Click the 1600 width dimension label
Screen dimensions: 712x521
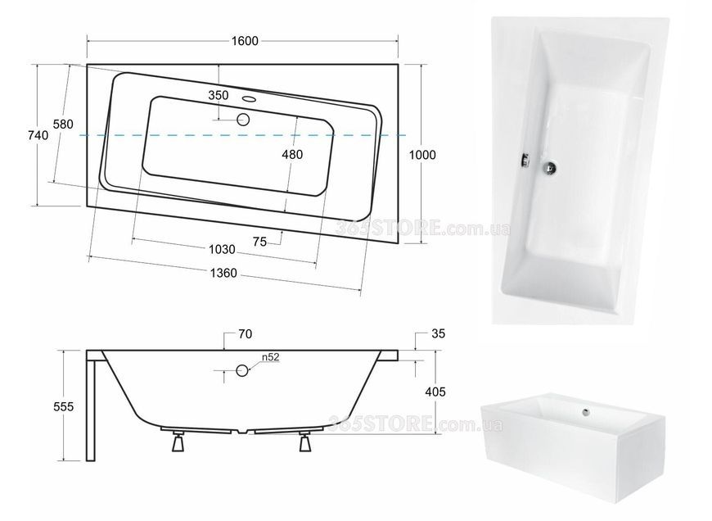[245, 41]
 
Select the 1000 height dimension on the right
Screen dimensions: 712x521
[422, 155]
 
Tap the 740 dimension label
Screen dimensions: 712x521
[38, 135]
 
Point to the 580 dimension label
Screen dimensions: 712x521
[63, 125]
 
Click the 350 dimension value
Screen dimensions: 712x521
[219, 96]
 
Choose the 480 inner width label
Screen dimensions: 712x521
[292, 155]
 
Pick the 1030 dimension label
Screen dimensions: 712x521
[222, 249]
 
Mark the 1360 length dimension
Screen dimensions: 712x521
[223, 273]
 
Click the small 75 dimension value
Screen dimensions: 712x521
[259, 242]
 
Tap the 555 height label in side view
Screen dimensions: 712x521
[63, 406]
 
